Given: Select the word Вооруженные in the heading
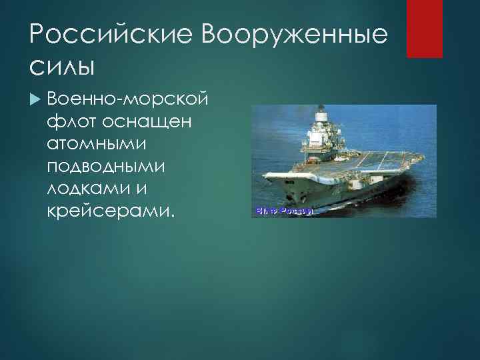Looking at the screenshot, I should coord(295,34).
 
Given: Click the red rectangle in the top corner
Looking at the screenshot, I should coord(425,29).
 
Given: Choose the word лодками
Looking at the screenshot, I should coord(90,189).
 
